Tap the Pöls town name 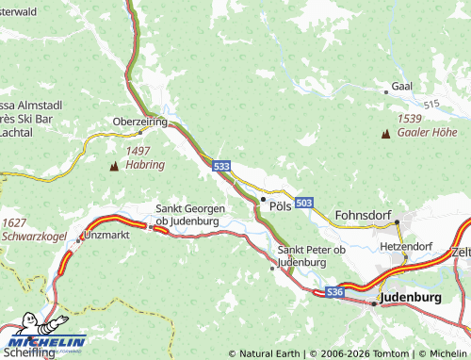[280, 205]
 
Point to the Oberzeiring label [139, 123]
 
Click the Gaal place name [402, 86]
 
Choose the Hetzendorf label [405, 246]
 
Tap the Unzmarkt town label [106, 232]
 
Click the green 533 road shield [221, 166]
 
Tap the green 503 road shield [303, 203]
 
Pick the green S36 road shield [334, 293]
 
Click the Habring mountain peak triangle [115, 166]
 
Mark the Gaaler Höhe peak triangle [385, 134]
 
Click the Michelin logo [43, 335]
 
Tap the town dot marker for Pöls [263, 199]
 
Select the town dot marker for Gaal [386, 92]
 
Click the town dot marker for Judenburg [374, 303]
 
